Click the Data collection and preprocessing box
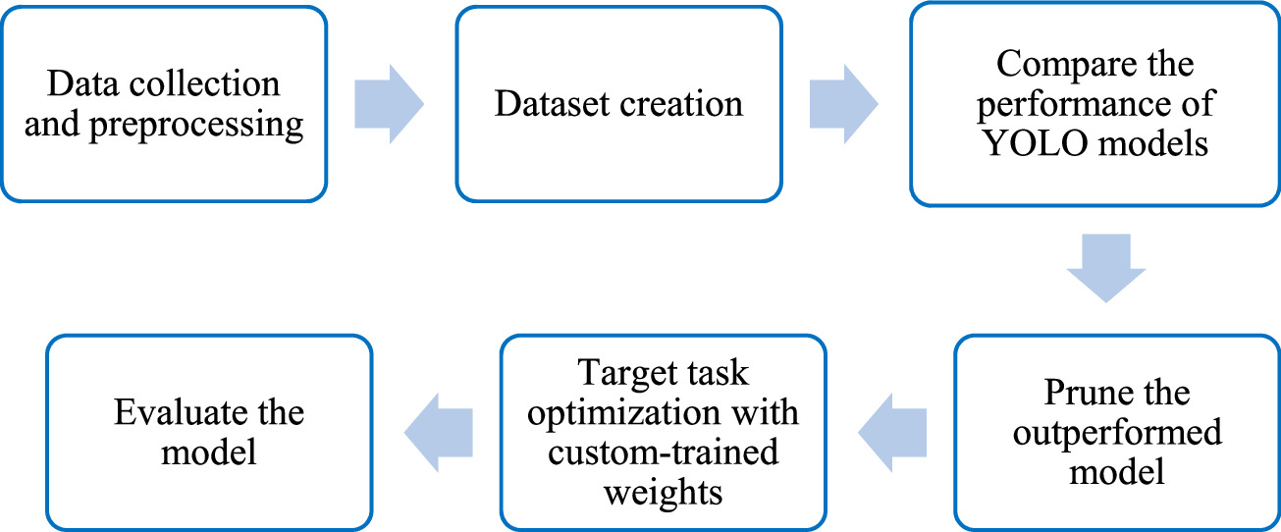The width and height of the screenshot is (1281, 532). point(164,103)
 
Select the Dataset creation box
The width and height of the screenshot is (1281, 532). point(618,103)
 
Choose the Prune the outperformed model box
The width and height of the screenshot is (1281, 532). point(1116,433)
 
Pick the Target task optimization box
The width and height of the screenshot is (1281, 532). point(662,433)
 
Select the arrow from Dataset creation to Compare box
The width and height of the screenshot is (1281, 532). point(844,103)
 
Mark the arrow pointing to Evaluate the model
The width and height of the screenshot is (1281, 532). point(439,433)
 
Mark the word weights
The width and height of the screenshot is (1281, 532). point(663,492)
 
